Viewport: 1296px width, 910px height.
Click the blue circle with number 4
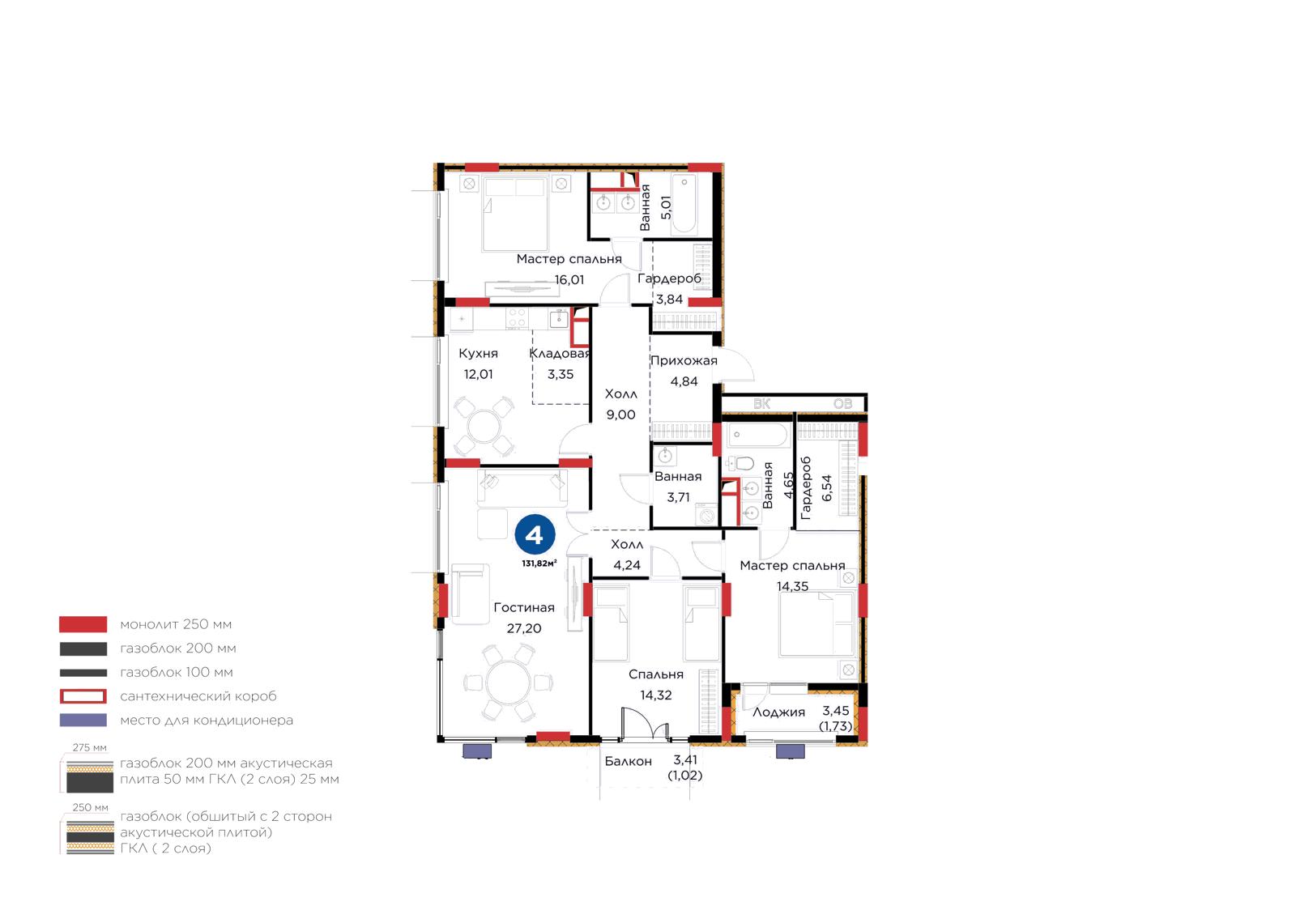[535, 535]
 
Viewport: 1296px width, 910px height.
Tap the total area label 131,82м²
[539, 563]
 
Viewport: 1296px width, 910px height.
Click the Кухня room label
[478, 353]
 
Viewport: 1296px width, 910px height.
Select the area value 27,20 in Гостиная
[524, 628]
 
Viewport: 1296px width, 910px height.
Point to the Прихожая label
[684, 361]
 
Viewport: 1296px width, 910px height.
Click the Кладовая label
[560, 353]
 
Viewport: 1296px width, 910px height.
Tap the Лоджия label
[778, 712]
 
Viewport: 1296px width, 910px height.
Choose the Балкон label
[629, 761]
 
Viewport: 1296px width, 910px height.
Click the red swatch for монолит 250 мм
[83, 624]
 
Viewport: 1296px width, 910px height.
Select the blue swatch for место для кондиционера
[83, 721]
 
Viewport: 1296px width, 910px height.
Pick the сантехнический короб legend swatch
[83, 696]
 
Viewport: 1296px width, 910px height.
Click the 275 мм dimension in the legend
[90, 747]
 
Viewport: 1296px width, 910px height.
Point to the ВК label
[762, 404]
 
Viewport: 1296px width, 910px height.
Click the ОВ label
[843, 404]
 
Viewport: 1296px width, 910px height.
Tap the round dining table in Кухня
[484, 427]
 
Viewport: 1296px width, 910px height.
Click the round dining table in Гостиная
[509, 682]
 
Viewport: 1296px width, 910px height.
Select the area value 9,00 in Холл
[620, 415]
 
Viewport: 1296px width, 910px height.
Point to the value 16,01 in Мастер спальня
[569, 280]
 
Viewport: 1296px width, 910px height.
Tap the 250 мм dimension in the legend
[90, 808]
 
